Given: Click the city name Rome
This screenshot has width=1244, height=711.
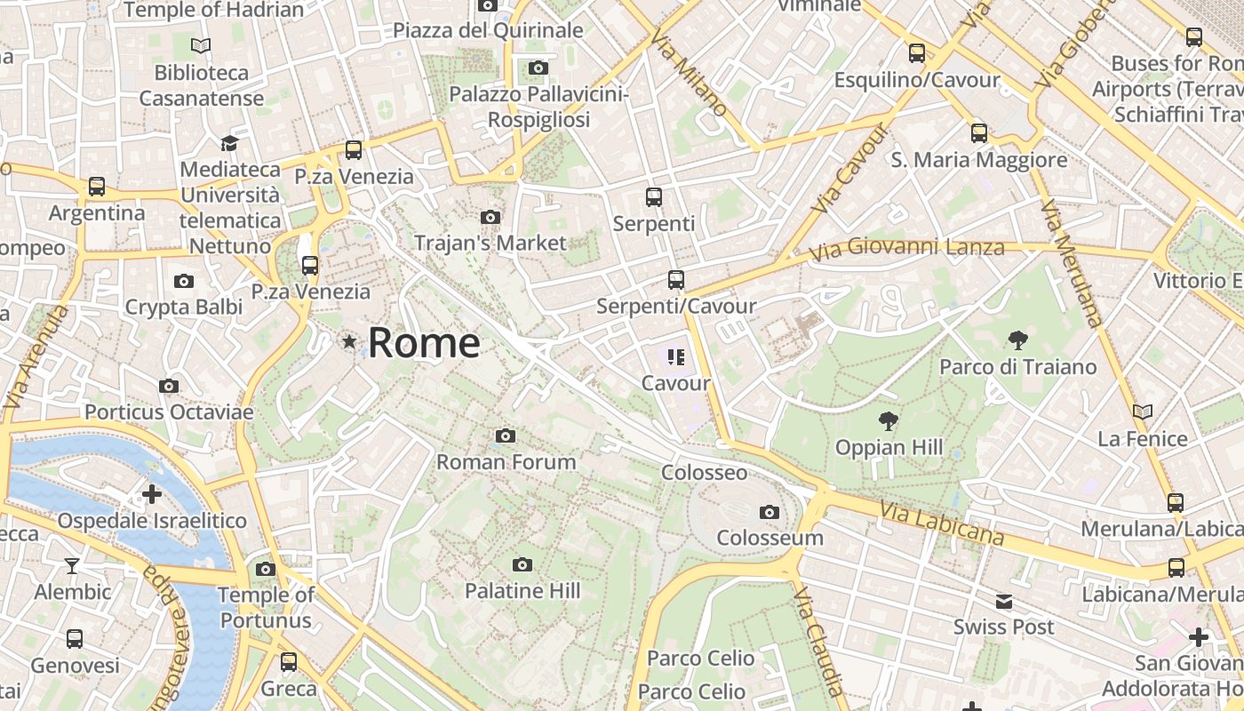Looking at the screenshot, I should (x=424, y=343).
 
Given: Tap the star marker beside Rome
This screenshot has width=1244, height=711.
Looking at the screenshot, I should (x=350, y=341).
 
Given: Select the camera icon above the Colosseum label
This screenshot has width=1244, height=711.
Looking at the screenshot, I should (x=770, y=512).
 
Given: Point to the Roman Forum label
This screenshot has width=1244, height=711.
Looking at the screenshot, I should (x=506, y=462).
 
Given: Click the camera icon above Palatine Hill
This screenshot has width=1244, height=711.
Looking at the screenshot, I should (x=522, y=564).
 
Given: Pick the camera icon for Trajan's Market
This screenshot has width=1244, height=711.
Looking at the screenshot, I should (x=490, y=217).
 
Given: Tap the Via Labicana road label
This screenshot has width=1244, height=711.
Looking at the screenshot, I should (x=942, y=523).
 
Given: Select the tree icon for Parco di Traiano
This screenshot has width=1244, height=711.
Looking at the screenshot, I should (x=1018, y=339).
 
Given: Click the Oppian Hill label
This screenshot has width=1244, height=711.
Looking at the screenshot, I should (x=889, y=447).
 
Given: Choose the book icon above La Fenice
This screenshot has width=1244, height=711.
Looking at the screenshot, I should (x=1143, y=411).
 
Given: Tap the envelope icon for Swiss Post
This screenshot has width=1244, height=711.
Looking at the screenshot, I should (x=1004, y=602).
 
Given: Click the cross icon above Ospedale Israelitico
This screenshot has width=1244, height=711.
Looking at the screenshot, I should (x=152, y=493).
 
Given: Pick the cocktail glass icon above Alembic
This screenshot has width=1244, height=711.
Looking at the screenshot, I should (x=72, y=565).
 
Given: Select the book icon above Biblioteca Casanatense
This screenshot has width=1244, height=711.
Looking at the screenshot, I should (x=202, y=45).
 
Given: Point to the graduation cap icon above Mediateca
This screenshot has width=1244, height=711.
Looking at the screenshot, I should (x=230, y=143).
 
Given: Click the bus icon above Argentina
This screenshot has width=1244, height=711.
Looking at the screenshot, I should (x=97, y=187).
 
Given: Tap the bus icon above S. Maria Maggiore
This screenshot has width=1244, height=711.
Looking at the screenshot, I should (x=979, y=133).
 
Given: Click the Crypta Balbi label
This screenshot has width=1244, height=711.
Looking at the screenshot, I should (x=184, y=308).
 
